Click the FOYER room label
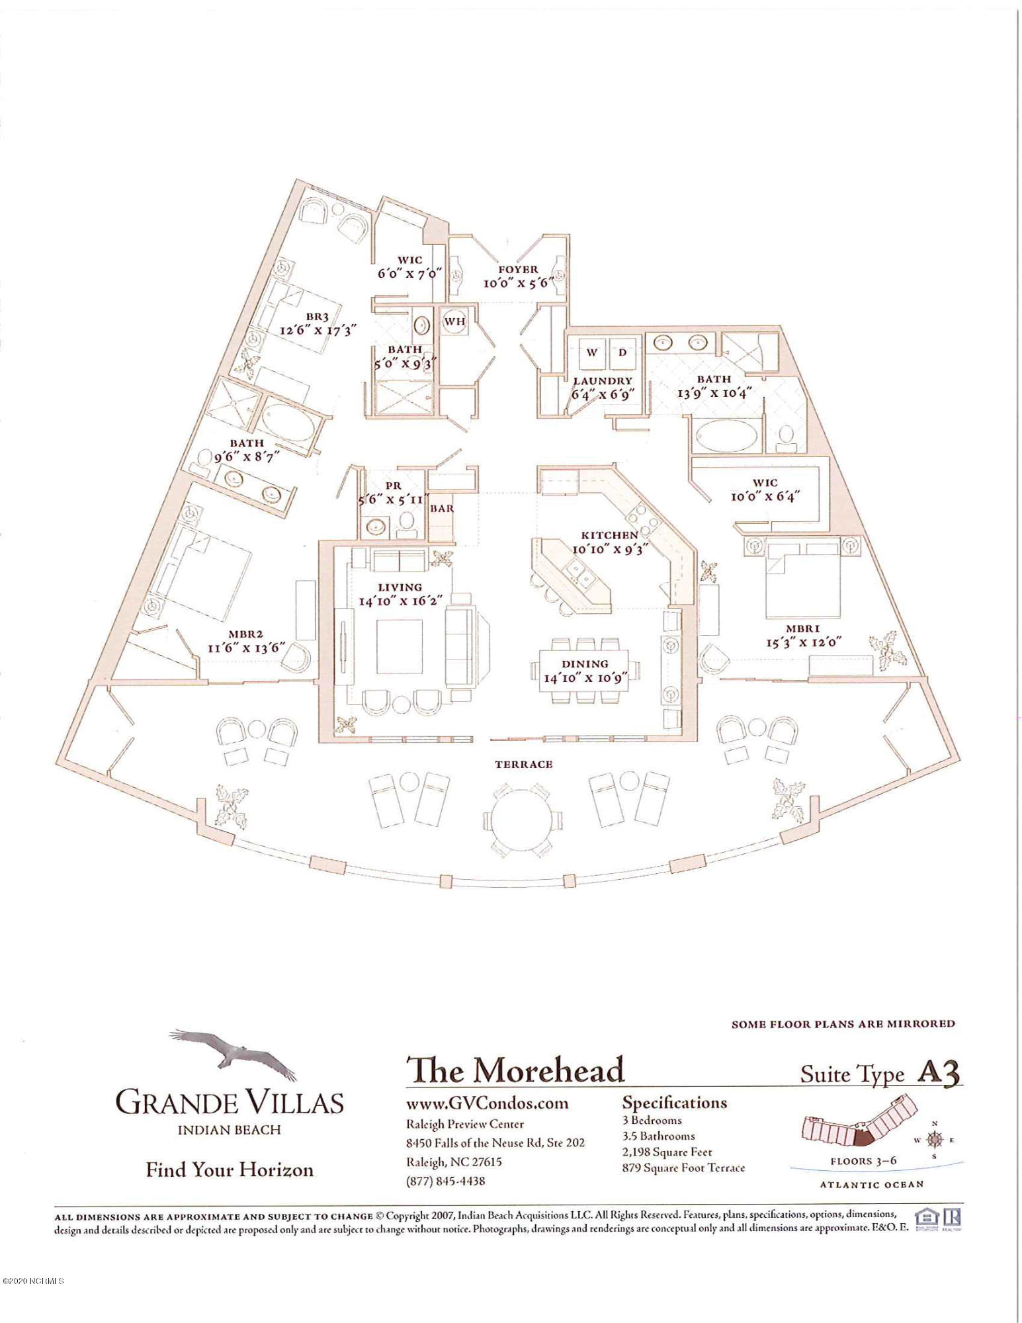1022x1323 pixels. click(518, 269)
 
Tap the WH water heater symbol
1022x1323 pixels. click(454, 322)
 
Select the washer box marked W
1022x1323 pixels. click(591, 352)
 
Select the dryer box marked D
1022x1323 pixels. click(622, 352)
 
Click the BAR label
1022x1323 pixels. click(442, 509)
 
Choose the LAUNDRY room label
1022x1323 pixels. click(602, 381)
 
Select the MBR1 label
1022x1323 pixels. click(802, 629)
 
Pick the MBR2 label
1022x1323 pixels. click(245, 634)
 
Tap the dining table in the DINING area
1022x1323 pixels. click(585, 671)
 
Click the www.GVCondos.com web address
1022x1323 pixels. click(487, 1103)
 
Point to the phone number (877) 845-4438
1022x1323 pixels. click(445, 1181)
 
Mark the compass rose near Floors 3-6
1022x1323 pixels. click(933, 1139)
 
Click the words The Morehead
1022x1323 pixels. click(515, 1070)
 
